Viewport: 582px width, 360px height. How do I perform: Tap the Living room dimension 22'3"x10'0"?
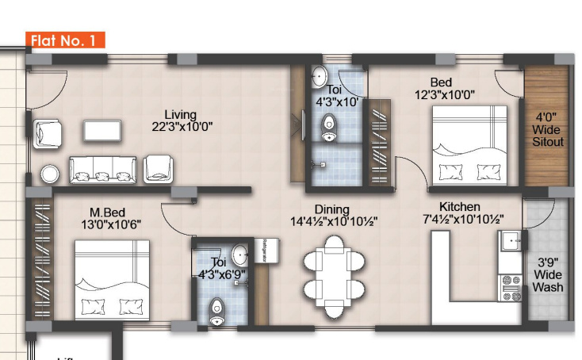coord(182,127)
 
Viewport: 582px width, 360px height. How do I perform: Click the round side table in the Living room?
coord(50,174)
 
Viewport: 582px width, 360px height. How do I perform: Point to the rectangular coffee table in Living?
coord(103,130)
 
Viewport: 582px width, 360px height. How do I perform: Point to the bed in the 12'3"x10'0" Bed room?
coord(469,146)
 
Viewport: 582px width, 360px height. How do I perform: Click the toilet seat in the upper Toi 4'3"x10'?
coord(330,128)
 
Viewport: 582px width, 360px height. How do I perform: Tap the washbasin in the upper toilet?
coord(320,76)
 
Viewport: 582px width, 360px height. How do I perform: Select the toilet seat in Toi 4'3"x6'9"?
coord(216,310)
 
